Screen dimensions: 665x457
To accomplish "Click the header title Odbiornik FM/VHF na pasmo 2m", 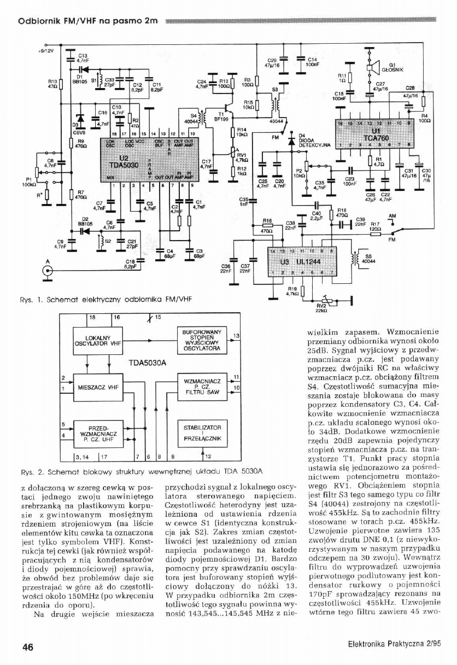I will pyautogui.click(x=88, y=21).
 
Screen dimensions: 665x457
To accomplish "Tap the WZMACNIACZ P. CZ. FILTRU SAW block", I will pyautogui.click(x=202, y=386).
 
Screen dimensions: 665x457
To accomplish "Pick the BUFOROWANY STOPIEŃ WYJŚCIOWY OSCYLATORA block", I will pyautogui.click(x=202, y=340).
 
